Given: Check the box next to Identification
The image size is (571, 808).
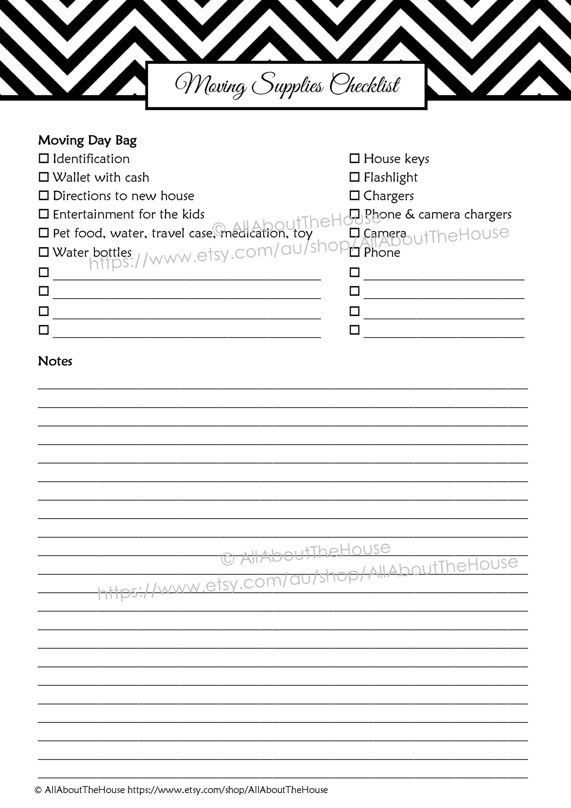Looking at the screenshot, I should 44,158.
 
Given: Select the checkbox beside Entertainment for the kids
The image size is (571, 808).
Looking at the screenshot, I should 44,214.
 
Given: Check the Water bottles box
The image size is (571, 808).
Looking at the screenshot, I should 44,252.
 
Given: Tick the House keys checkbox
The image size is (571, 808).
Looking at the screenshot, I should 354,158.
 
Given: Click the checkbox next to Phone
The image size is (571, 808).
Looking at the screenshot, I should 354,252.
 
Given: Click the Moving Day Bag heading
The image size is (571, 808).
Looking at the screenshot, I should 87,140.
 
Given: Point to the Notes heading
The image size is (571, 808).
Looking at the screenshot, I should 55,361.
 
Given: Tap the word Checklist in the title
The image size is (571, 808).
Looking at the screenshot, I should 364,85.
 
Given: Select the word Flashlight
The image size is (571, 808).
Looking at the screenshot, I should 391,178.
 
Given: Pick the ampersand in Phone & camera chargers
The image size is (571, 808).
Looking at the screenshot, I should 409,214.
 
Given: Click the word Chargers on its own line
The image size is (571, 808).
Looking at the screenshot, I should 388,196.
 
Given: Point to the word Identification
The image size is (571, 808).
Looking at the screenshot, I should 91,159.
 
